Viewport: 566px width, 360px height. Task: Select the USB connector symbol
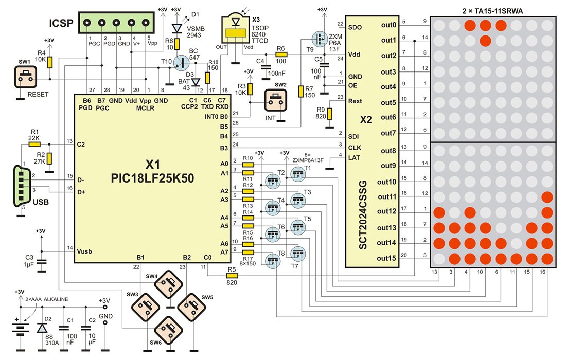coord(21,186)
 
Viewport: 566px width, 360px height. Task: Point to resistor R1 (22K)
coord(34,145)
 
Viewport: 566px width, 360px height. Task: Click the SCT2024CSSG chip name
coord(364,221)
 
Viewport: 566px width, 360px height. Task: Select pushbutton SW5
coord(191,307)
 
